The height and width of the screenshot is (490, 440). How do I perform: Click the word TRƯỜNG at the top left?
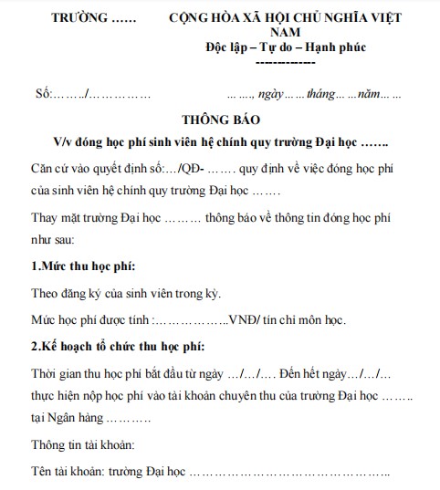(78, 18)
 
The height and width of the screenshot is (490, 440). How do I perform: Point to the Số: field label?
(44, 94)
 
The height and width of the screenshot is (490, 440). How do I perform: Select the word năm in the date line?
(369, 94)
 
